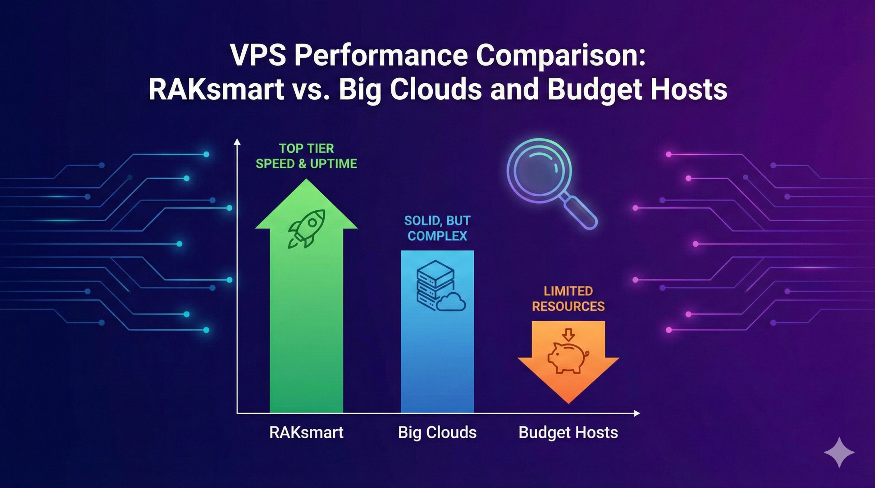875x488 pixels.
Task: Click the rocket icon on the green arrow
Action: click(x=306, y=228)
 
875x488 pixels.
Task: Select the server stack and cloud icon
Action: click(x=440, y=285)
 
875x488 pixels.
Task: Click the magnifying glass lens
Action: click(x=539, y=171)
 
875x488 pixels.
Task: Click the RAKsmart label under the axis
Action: click(x=306, y=432)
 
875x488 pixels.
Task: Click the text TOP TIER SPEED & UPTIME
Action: click(x=306, y=156)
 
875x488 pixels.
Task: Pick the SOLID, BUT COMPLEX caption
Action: click(x=437, y=228)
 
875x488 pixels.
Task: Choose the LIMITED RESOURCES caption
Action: click(x=568, y=299)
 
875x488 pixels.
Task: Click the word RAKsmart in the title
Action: click(x=216, y=89)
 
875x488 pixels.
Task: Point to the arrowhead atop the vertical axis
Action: click(x=237, y=142)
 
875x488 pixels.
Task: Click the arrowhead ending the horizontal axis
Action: click(x=637, y=413)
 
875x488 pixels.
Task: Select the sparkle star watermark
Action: click(x=839, y=452)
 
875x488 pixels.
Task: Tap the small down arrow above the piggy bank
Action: click(x=568, y=335)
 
